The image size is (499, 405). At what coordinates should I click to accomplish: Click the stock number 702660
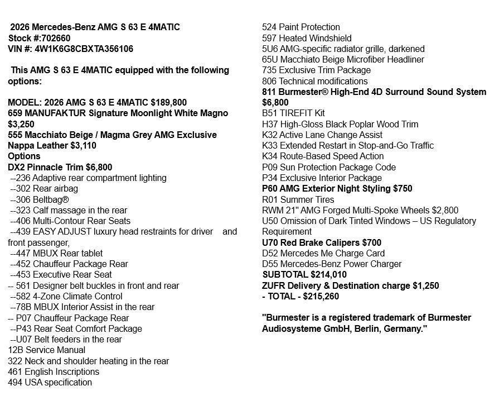click(56, 38)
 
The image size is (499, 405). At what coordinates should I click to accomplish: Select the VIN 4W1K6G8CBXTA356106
click(84, 49)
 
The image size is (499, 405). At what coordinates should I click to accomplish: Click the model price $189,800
click(169, 102)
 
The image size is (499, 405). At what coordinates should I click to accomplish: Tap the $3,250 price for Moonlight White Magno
click(21, 124)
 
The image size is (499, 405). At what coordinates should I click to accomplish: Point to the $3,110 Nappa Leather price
click(83, 145)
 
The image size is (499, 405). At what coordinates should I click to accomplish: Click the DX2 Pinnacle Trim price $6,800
click(99, 167)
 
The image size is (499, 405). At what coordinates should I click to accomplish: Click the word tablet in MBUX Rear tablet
click(90, 253)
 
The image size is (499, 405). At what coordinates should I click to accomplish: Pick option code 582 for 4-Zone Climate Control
click(23, 296)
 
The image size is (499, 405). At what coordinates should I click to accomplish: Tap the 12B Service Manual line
click(46, 350)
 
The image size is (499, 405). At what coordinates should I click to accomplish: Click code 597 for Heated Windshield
click(269, 38)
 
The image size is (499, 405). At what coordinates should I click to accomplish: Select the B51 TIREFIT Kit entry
click(293, 113)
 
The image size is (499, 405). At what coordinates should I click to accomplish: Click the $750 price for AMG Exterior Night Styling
click(403, 188)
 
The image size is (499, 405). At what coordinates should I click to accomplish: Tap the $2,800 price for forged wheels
click(445, 210)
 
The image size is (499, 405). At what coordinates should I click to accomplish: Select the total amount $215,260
click(319, 296)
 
